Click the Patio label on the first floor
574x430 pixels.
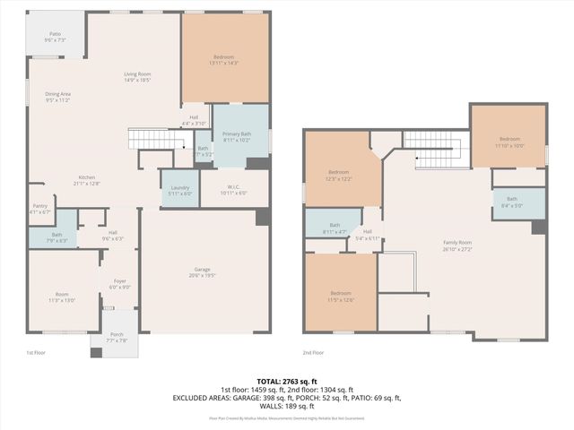pyautogui.click(x=55, y=36)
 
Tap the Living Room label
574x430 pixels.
pyautogui.click(x=137, y=77)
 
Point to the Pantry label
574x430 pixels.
pyautogui.click(x=39, y=209)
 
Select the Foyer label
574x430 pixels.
pyautogui.click(x=120, y=284)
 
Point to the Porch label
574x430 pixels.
pyautogui.click(x=117, y=339)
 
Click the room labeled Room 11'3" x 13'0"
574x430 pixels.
pyautogui.click(x=62, y=297)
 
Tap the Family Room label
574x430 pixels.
pyautogui.click(x=457, y=245)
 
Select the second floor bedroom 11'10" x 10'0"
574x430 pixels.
pyautogui.click(x=509, y=142)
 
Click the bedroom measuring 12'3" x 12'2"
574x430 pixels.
pyautogui.click(x=339, y=176)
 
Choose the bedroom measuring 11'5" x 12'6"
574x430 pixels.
pyautogui.click(x=340, y=297)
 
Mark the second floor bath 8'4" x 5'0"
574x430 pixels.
pyautogui.click(x=512, y=202)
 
